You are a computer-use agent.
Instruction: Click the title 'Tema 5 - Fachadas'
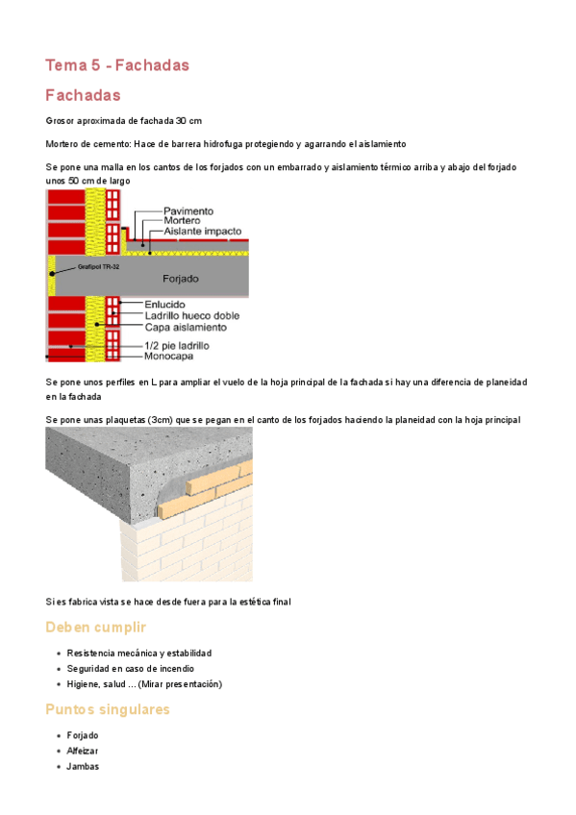(x=117, y=65)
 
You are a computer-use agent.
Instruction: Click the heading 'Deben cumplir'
(x=96, y=628)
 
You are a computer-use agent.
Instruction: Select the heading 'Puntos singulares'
(x=108, y=709)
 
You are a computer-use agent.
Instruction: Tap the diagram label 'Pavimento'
(x=188, y=210)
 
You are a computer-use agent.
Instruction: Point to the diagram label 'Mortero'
(x=183, y=221)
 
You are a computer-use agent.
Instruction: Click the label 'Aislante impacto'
(x=203, y=232)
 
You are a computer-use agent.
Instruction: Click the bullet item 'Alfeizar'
(x=83, y=751)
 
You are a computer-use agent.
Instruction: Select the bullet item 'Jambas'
(x=83, y=766)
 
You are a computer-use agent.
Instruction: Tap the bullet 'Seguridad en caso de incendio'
(x=131, y=668)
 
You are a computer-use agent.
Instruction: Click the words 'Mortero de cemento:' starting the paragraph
(x=88, y=143)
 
